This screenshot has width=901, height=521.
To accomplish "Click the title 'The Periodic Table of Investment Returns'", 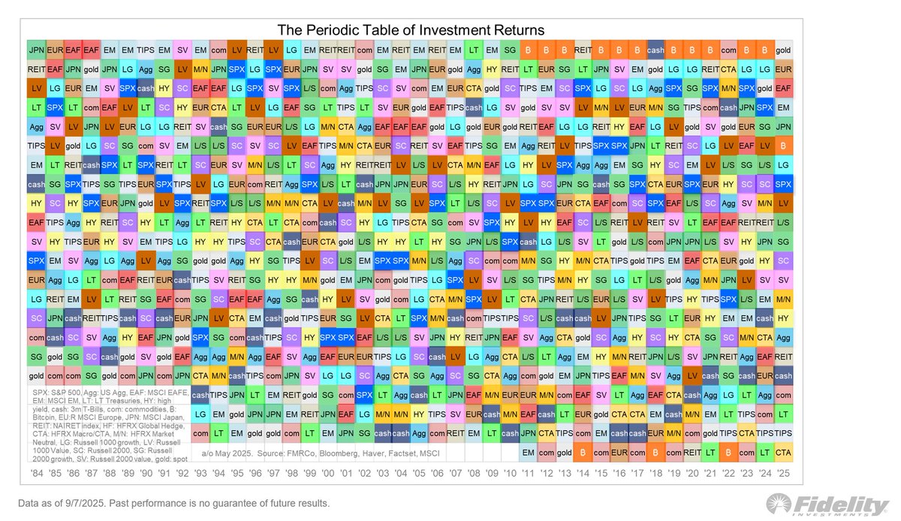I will coord(410,30).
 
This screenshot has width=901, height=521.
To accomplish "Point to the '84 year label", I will coord(35,474).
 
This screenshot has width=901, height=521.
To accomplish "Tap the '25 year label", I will coord(783,474).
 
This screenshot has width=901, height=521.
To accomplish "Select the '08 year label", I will coord(474,474).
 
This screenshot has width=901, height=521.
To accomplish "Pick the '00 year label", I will coord(327,474).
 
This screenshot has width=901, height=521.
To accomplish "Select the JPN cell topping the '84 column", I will coord(35,50).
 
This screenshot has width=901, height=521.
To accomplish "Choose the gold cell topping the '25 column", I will coord(783,50).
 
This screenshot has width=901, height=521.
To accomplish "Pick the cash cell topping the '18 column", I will coord(655,50).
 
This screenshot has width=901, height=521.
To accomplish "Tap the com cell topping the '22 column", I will coord(728,50).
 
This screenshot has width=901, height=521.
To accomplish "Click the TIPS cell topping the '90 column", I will coord(146,50).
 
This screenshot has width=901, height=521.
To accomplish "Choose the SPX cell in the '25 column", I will coord(783,184).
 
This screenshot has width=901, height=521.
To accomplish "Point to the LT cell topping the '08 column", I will coord(474,50).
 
